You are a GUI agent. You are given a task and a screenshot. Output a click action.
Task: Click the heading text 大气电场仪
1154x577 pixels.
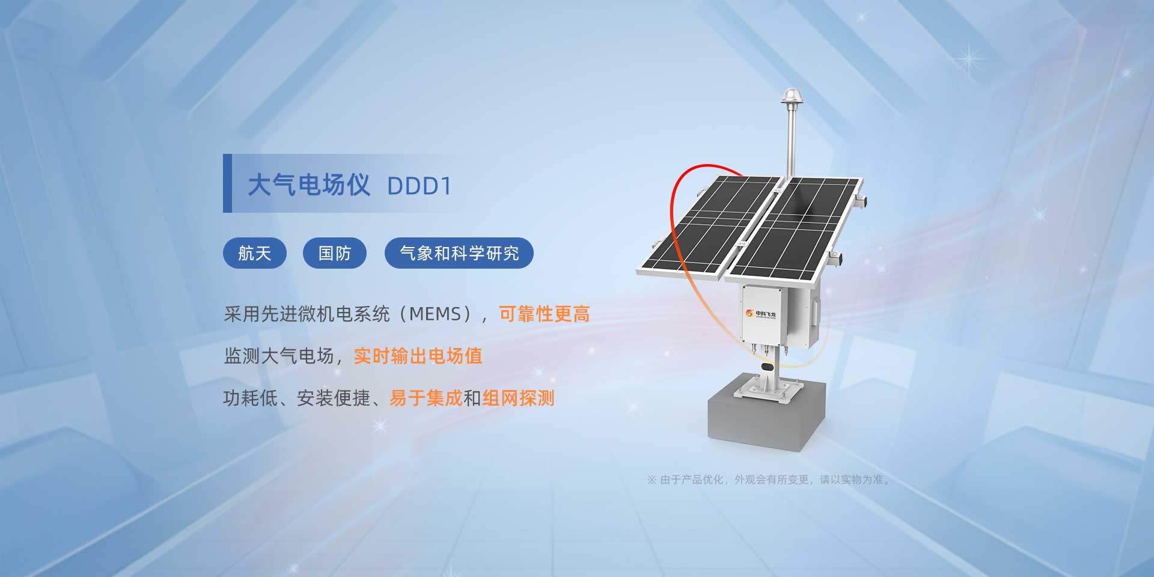[x=309, y=185]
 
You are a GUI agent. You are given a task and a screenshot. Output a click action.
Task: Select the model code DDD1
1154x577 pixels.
[x=419, y=186]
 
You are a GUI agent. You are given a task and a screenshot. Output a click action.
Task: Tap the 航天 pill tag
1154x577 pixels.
[x=255, y=253]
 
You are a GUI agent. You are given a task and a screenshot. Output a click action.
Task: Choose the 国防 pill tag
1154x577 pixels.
[x=335, y=253]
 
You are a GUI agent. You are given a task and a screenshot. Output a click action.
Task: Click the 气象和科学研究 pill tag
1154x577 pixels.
[x=459, y=253]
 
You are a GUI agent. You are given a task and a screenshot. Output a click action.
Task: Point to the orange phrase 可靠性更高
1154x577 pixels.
[x=545, y=314]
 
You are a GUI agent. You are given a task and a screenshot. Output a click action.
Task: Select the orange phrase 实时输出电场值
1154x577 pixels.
[x=418, y=356]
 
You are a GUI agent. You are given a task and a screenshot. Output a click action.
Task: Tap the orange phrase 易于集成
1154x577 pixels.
[x=426, y=398]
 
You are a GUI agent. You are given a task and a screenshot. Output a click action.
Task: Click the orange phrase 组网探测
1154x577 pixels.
[x=518, y=398]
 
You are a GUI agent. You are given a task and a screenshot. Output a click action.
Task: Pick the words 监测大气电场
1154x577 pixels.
[x=279, y=356]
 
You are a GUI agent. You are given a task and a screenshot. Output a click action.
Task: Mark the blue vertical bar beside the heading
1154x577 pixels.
[x=227, y=183]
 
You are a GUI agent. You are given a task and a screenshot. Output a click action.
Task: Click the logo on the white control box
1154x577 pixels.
[x=761, y=314]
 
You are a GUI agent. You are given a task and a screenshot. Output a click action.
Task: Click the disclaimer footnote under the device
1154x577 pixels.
[x=769, y=480]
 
